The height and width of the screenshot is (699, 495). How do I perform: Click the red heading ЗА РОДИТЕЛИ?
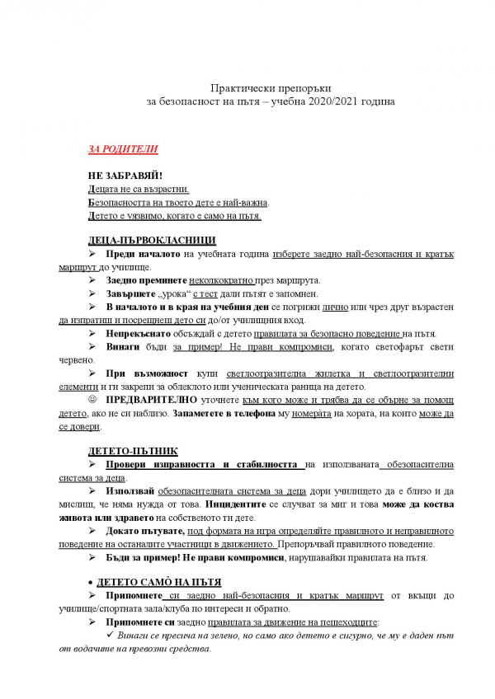[123, 150]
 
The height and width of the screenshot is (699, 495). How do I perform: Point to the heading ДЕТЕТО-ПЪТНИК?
[127, 453]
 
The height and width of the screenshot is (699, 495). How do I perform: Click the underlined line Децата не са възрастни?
[139, 190]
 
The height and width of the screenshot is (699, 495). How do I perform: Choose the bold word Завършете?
[132, 293]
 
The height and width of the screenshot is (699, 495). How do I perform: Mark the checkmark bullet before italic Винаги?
[115, 636]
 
